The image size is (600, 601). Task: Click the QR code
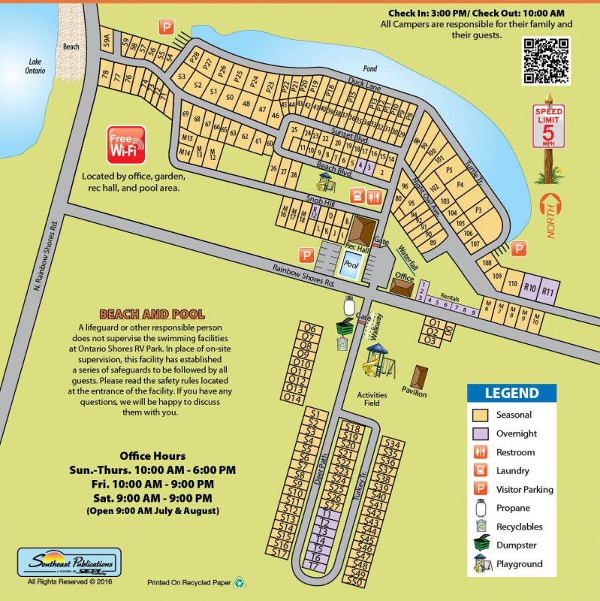(x=546, y=60)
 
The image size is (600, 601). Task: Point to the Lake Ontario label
(x=37, y=66)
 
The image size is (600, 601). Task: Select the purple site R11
(x=549, y=290)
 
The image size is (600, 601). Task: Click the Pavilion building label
(x=414, y=394)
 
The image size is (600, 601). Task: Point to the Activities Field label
(x=372, y=399)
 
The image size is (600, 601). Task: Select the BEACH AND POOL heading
(x=152, y=314)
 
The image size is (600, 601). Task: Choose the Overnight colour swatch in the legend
(x=481, y=433)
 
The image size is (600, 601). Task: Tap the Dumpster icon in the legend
(x=481, y=545)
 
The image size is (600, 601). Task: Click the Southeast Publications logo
(x=68, y=562)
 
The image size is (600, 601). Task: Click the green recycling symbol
(x=239, y=581)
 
